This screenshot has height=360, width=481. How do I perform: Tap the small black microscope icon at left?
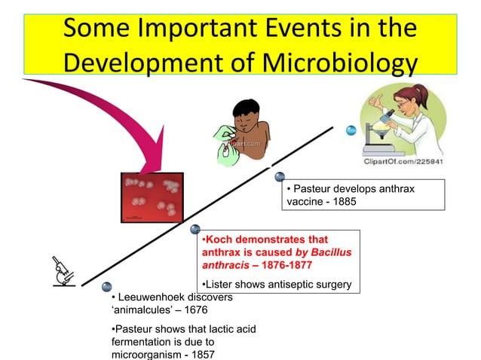click(x=63, y=273)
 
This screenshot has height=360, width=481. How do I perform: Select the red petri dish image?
click(x=152, y=198)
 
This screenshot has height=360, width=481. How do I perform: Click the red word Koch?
click(x=221, y=239)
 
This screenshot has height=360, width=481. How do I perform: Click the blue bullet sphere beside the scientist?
click(x=351, y=130)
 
